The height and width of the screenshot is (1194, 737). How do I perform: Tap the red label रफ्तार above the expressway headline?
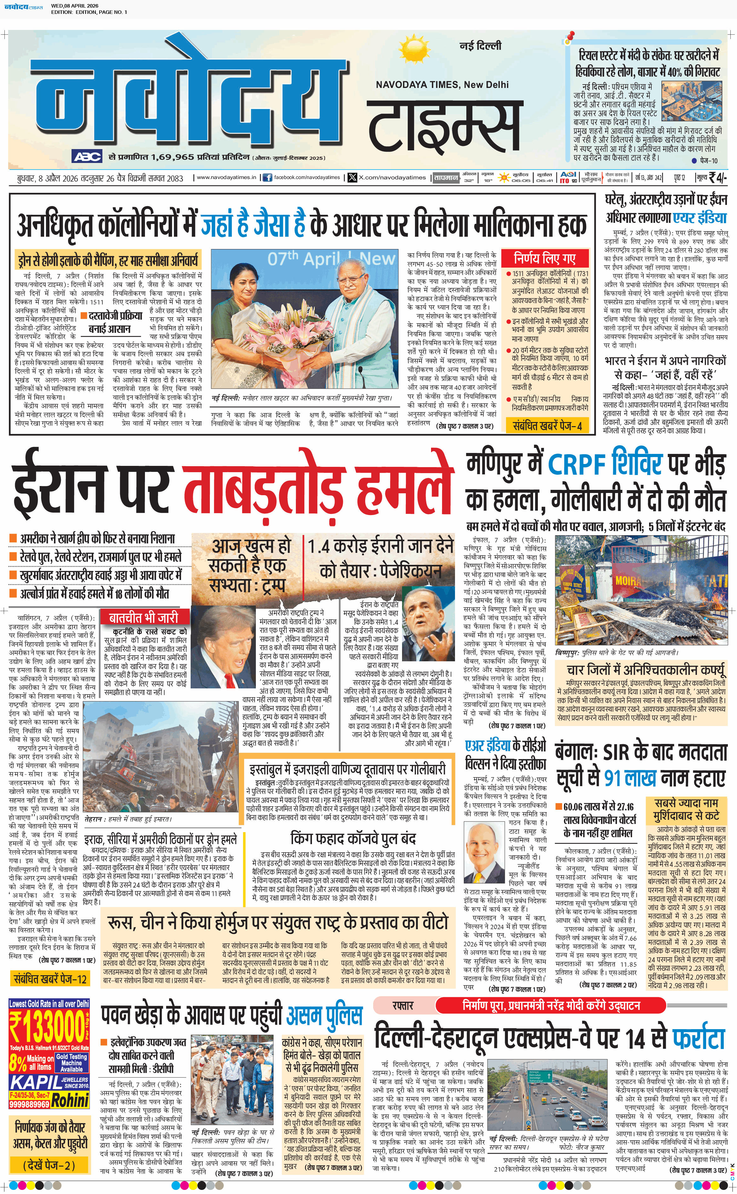point(403,1005)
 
